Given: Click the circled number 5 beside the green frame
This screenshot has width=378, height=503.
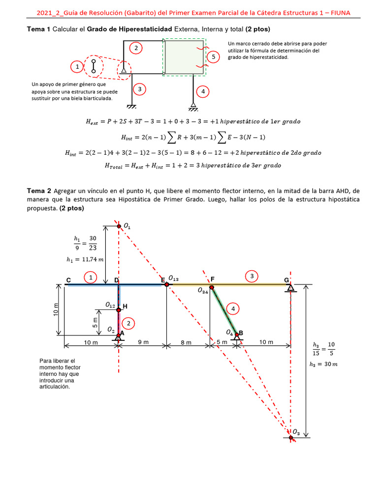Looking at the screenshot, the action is pyautogui.click(x=213, y=57).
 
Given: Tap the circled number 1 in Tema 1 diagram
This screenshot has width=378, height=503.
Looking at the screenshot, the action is pyautogui.click(x=77, y=66).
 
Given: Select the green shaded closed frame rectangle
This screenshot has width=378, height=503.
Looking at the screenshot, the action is pyautogui.click(x=184, y=58).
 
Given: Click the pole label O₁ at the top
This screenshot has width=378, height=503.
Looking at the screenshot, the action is pyautogui.click(x=127, y=226).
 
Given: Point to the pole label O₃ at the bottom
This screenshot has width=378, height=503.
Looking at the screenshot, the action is pyautogui.click(x=296, y=433).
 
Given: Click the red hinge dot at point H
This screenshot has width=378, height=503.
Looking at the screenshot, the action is pyautogui.click(x=119, y=309).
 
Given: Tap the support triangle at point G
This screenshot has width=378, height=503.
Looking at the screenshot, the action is pyautogui.click(x=291, y=288).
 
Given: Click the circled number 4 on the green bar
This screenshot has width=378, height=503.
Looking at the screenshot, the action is pyautogui.click(x=232, y=308).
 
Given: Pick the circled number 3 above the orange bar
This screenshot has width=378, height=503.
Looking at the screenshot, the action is pyautogui.click(x=252, y=277).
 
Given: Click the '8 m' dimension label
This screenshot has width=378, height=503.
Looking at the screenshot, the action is pyautogui.click(x=186, y=342).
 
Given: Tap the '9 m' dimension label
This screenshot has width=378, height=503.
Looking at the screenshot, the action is pyautogui.click(x=143, y=342).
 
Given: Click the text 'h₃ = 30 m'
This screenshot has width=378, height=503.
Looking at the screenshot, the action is pyautogui.click(x=323, y=364).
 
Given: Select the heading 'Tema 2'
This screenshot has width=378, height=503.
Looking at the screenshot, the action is pyautogui.click(x=39, y=191).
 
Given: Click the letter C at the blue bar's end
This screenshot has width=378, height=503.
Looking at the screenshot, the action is pyautogui.click(x=68, y=280).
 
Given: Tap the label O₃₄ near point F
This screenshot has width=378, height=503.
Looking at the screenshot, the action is pyautogui.click(x=203, y=291).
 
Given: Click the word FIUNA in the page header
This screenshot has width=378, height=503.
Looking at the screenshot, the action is pyautogui.click(x=340, y=13).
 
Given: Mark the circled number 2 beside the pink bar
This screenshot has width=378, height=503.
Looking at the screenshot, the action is pyautogui.click(x=128, y=323).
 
